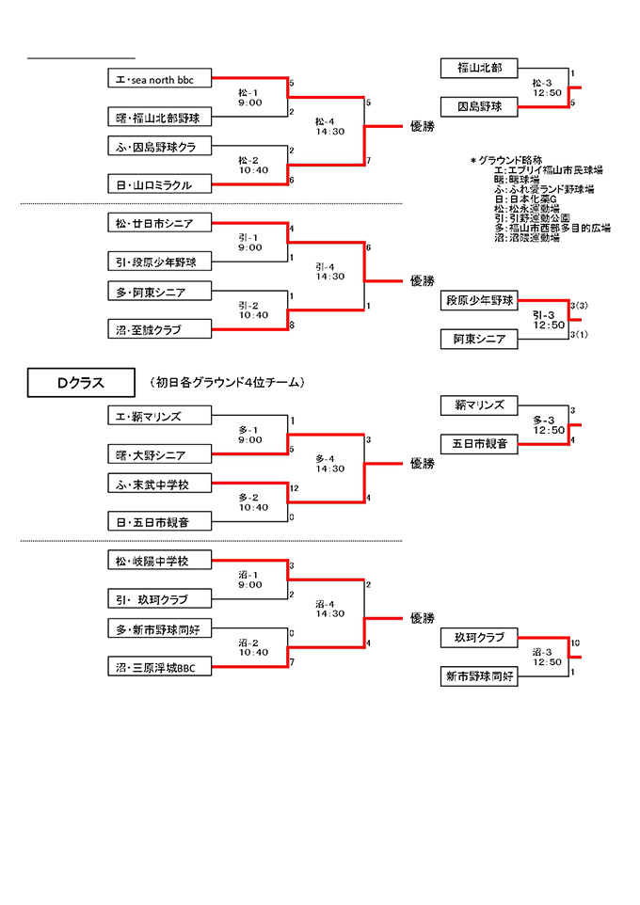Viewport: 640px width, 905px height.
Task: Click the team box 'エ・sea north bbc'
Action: coord(160,78)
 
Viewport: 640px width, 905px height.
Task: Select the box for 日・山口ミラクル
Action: coord(160,184)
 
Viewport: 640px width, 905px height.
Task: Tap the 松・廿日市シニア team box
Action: coord(160,223)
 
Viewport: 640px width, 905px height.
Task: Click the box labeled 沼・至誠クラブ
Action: coord(160,329)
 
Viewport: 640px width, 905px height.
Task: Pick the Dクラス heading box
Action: coord(79,382)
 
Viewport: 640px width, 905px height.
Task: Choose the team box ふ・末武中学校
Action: coord(160,484)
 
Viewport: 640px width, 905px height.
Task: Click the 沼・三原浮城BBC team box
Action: coord(160,666)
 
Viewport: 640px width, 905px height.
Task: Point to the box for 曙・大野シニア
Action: coord(160,454)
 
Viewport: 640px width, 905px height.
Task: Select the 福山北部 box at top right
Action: coord(479,68)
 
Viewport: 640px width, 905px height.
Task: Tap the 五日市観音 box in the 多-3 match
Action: coord(479,442)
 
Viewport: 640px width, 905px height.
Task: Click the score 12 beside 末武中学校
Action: coord(295,488)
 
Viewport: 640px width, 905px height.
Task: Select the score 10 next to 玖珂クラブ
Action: coord(575,643)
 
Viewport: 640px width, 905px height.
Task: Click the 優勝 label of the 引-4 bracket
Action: coord(423,280)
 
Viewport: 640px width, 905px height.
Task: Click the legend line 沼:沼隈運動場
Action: coord(527,238)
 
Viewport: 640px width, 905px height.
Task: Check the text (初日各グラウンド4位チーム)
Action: coord(228,382)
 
